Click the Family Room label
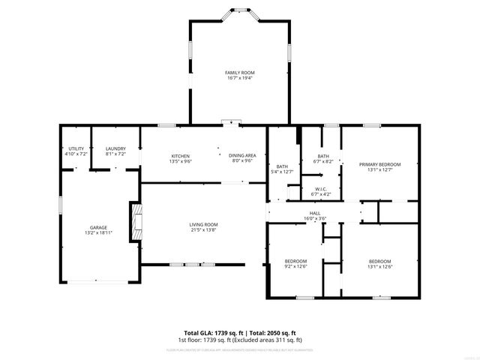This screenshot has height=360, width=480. click(x=239, y=73)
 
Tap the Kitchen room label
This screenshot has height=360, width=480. click(x=179, y=155)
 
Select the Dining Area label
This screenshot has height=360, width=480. click(x=242, y=155)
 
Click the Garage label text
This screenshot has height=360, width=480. click(x=99, y=227)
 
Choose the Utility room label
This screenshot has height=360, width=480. click(x=76, y=148)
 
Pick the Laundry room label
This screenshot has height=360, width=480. click(x=115, y=148)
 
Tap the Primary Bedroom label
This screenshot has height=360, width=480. click(x=379, y=164)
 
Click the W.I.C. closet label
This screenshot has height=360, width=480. click(x=320, y=189)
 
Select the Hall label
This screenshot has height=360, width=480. click(x=315, y=213)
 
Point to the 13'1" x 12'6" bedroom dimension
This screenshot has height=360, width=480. click(x=379, y=266)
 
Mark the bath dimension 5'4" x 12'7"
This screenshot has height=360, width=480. click(x=282, y=172)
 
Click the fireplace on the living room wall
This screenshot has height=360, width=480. click(x=136, y=221)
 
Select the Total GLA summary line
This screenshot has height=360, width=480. click(x=240, y=332)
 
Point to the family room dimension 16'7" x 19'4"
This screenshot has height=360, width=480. click(x=239, y=77)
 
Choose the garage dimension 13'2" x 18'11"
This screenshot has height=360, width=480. click(x=99, y=232)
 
